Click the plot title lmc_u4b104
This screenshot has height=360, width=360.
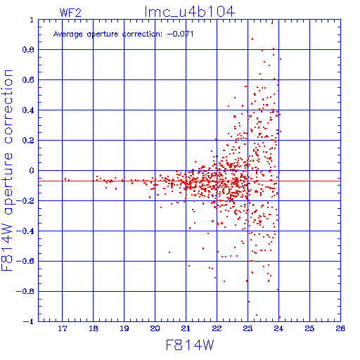(190, 12)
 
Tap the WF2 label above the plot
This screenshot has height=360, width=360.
(70, 13)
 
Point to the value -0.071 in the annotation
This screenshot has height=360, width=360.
(180, 34)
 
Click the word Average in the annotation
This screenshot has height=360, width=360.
(68, 34)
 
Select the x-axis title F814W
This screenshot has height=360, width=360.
(190, 345)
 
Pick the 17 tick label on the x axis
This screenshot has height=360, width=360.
(63, 328)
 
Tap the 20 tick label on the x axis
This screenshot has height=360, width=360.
(155, 328)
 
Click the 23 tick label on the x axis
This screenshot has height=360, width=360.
(247, 328)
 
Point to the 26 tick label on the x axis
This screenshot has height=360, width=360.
(340, 328)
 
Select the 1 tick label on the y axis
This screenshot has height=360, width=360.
(32, 20)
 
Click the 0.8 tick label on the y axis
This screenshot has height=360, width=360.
(28, 50)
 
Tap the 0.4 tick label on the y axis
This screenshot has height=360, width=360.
(28, 110)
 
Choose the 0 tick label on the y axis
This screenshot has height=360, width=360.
(32, 171)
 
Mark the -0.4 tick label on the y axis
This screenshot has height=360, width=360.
(25, 231)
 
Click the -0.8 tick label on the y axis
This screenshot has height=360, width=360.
(25, 291)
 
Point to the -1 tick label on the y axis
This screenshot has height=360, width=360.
(29, 321)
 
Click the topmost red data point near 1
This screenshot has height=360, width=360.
(272, 23)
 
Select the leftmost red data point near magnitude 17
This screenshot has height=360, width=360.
(65, 179)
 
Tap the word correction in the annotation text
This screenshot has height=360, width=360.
(142, 34)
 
